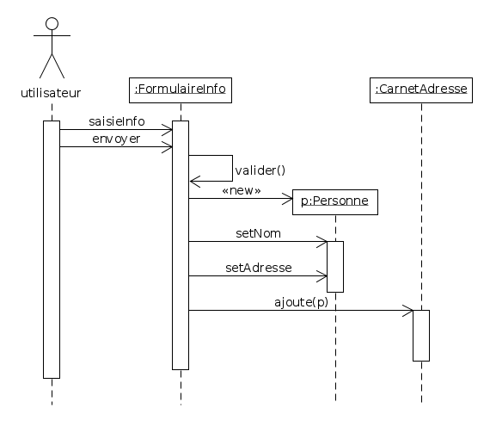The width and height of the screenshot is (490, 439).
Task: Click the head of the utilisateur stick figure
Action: pyautogui.click(x=52, y=24)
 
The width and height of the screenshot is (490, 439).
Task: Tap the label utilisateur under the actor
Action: pyautogui.click(x=51, y=92)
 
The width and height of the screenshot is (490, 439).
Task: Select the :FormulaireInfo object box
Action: pyautogui.click(x=181, y=89)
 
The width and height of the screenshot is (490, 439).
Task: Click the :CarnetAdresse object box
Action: pyautogui.click(x=421, y=89)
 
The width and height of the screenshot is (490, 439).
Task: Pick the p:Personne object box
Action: pyautogui.click(x=334, y=201)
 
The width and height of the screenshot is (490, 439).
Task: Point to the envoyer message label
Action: pyautogui.click(x=116, y=138)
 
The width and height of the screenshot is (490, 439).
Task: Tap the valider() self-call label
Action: pyautogui.click(x=260, y=170)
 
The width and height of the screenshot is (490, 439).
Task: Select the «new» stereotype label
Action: pyautogui.click(x=241, y=190)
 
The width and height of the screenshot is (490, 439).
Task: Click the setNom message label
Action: pyautogui.click(x=258, y=232)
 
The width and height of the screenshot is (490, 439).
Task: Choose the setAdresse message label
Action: pyautogui.click(x=258, y=268)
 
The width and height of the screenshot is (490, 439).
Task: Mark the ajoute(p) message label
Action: pyautogui.click(x=301, y=301)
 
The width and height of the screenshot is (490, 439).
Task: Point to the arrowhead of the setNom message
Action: pyautogui.click(x=323, y=242)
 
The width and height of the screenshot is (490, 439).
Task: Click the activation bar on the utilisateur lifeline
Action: pyautogui.click(x=52, y=250)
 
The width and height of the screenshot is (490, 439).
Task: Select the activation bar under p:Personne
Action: pyautogui.click(x=335, y=267)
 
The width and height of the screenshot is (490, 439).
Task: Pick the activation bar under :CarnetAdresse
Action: pyautogui.click(x=421, y=336)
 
